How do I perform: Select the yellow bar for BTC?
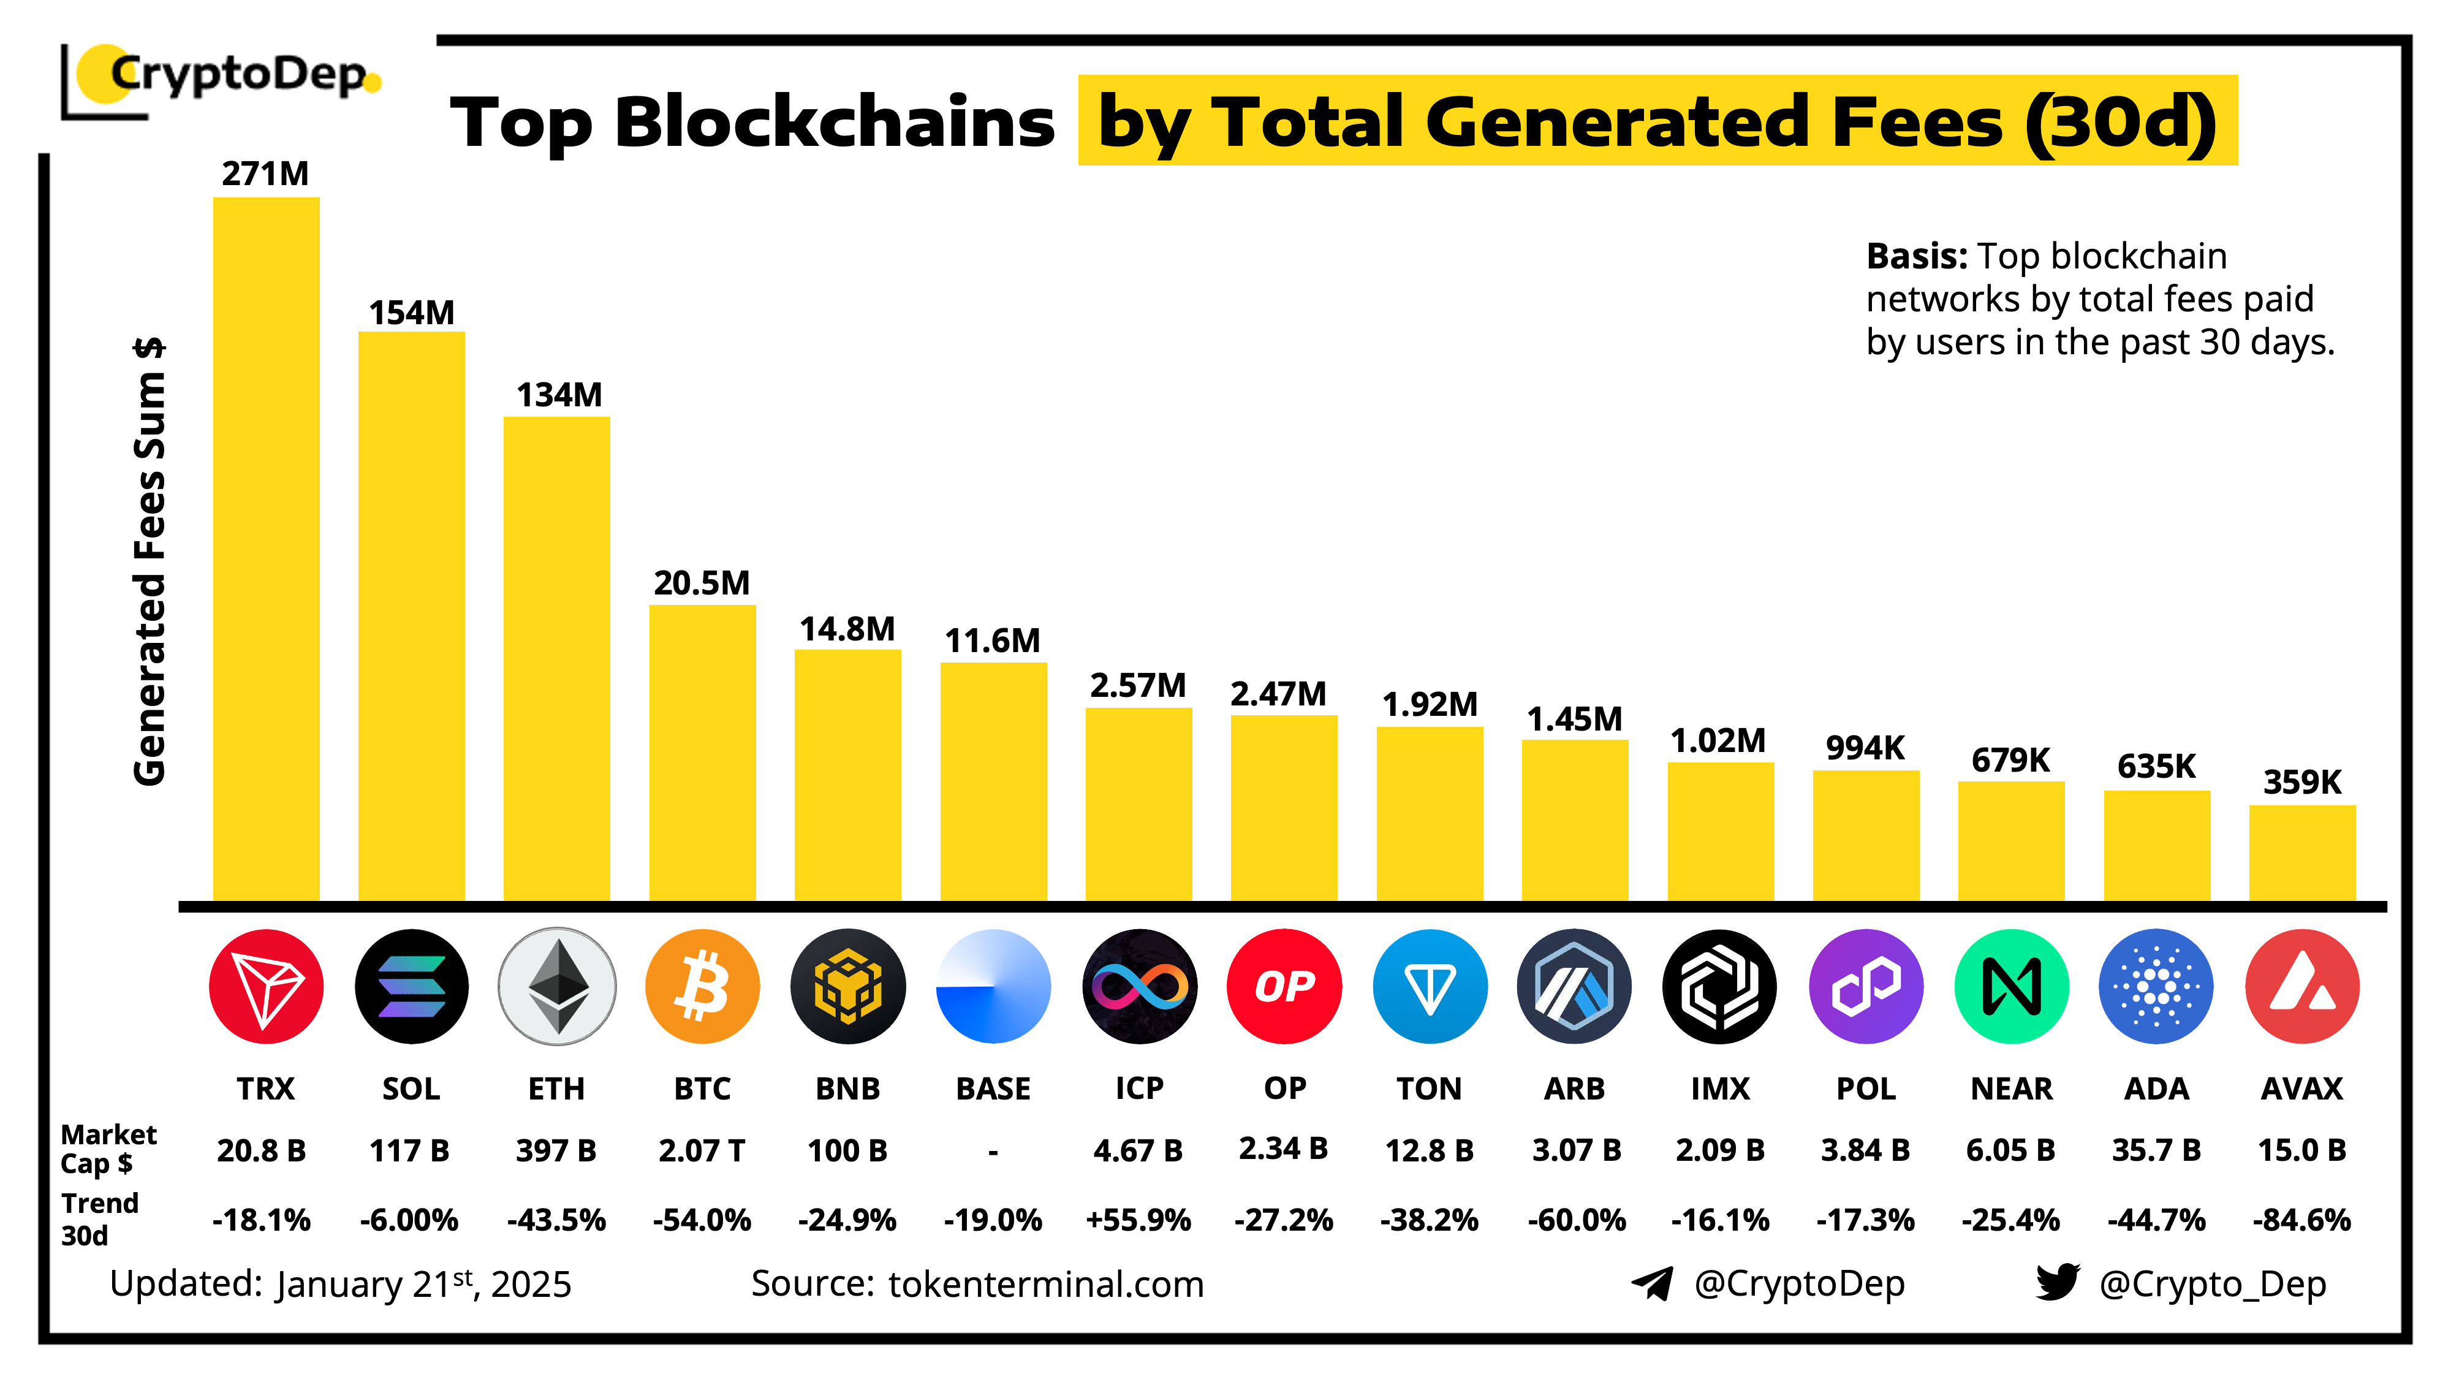pos(702,752)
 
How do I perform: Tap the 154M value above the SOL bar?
pos(411,312)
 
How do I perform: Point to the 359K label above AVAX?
pos(2301,782)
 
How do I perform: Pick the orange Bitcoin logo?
pos(702,986)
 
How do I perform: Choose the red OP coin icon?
pos(1284,986)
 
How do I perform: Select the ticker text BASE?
pos(993,1088)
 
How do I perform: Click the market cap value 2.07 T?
pos(702,1150)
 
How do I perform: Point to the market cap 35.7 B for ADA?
pos(2156,1150)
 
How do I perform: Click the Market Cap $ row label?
pos(107,1149)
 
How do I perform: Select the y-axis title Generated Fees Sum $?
pos(150,561)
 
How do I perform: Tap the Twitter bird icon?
pos(2057,1282)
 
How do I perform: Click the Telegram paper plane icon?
pos(1653,1283)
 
